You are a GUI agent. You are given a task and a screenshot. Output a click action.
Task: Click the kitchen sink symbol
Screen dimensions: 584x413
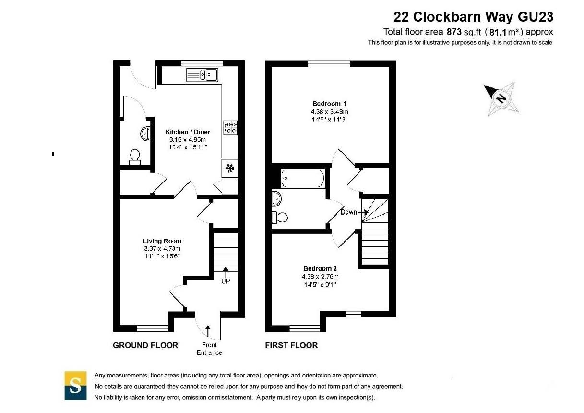[x=202, y=75]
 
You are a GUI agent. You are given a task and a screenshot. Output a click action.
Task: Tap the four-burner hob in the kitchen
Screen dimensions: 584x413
[x=230, y=128]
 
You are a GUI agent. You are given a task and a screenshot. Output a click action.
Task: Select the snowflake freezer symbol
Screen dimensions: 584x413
[x=230, y=168]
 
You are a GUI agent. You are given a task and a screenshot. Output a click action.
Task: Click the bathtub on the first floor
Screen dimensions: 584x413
[x=303, y=178]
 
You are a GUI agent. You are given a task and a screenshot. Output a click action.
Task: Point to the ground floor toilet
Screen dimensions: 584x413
[x=135, y=157]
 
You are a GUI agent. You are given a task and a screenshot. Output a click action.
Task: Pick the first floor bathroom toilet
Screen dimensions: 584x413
[x=279, y=217]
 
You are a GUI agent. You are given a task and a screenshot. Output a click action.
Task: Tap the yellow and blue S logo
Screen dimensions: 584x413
[x=76, y=385]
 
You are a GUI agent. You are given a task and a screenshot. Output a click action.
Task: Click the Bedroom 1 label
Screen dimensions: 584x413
[x=329, y=104]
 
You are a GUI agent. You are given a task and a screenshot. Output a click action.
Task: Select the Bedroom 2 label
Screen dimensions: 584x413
[x=320, y=268]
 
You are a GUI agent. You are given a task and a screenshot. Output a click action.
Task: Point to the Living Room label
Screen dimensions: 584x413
[x=162, y=241]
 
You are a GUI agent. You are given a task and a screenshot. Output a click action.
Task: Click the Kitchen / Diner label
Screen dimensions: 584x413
[x=188, y=132]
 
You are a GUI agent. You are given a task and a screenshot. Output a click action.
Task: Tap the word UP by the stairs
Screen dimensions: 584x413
[x=226, y=281]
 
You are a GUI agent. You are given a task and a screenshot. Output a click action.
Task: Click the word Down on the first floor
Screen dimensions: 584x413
[x=348, y=212]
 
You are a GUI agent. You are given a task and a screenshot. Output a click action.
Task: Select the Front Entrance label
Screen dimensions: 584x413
[x=209, y=349]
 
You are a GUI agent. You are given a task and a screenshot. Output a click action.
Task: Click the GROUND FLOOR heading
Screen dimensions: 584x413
[x=145, y=345]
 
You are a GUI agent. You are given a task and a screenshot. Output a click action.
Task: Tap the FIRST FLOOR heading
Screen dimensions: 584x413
[x=291, y=345]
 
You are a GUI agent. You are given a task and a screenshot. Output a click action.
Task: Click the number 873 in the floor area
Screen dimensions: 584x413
[x=454, y=32]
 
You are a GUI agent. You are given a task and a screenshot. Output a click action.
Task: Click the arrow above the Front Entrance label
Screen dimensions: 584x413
[x=208, y=330]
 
